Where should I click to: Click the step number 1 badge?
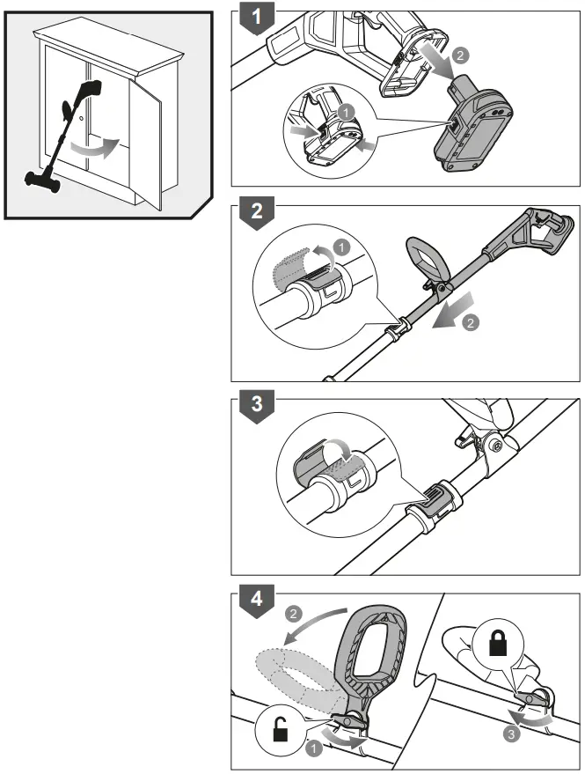pyautogui.click(x=255, y=16)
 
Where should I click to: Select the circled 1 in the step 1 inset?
pyautogui.click(x=347, y=113)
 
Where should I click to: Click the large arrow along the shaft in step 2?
pyautogui.click(x=456, y=309)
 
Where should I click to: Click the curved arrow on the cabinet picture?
pyautogui.click(x=94, y=146)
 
